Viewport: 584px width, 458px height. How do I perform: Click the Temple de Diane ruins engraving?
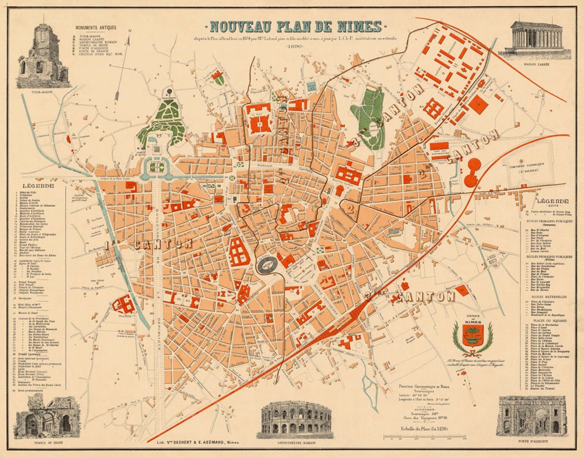(47, 416)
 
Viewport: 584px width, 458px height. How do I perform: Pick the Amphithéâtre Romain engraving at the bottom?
(294, 418)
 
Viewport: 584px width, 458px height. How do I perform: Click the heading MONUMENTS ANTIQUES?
(96, 27)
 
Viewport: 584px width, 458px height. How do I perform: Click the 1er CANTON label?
(149, 244)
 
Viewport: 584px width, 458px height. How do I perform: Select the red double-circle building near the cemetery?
(472, 172)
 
